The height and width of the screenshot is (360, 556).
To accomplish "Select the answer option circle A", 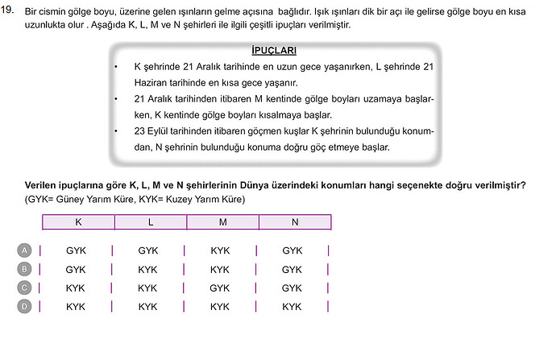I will tap(24, 250).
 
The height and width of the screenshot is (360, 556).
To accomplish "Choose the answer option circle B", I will tap(24, 269).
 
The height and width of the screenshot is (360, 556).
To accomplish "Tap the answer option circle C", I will tap(24, 288).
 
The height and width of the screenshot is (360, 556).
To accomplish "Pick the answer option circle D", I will tap(24, 306).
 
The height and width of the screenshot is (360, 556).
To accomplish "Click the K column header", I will tap(78, 221).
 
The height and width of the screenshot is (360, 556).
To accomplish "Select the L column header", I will tap(151, 221).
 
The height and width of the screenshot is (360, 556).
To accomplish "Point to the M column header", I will tap(222, 221).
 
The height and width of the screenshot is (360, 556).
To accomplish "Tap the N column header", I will tap(295, 221).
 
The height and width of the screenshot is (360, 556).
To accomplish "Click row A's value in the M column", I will tap(220, 250).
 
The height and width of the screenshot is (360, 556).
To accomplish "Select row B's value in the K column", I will tap(76, 269).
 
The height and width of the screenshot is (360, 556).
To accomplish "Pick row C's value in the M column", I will tap(220, 288).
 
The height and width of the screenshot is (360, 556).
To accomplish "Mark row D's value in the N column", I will tap(292, 306).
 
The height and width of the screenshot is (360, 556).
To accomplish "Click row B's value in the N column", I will tap(292, 269).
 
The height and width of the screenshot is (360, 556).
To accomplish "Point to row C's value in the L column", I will tap(147, 288).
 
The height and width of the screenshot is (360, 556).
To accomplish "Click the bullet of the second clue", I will tap(117, 99).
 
